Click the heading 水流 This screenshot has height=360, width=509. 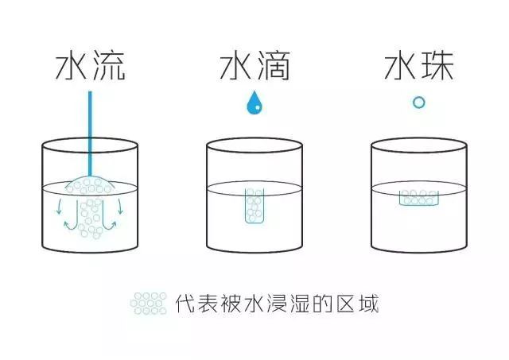pos(90,66)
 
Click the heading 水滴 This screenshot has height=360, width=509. pos(254,66)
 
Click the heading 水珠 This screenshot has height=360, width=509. pos(419,66)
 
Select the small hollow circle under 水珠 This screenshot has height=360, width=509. pos(419,97)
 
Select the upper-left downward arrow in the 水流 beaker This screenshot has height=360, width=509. pos(59,207)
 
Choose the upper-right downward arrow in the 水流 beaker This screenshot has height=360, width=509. pos(120,207)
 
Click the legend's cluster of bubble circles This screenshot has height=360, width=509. pos(149,304)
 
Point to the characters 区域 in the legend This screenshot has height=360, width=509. pos(358,304)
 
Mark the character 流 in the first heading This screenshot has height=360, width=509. pos(108,66)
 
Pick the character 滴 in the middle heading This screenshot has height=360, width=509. pos(274,66)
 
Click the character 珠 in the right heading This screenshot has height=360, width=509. pos(437,66)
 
